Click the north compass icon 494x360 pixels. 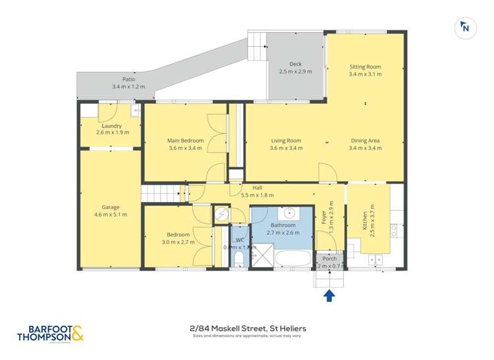tap(465, 27)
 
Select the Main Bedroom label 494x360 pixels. tap(185, 140)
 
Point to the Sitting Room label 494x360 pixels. tap(364, 67)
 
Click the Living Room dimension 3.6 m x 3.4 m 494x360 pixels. tap(286, 148)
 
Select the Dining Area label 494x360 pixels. tap(364, 140)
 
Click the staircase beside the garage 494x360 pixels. tap(161, 193)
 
